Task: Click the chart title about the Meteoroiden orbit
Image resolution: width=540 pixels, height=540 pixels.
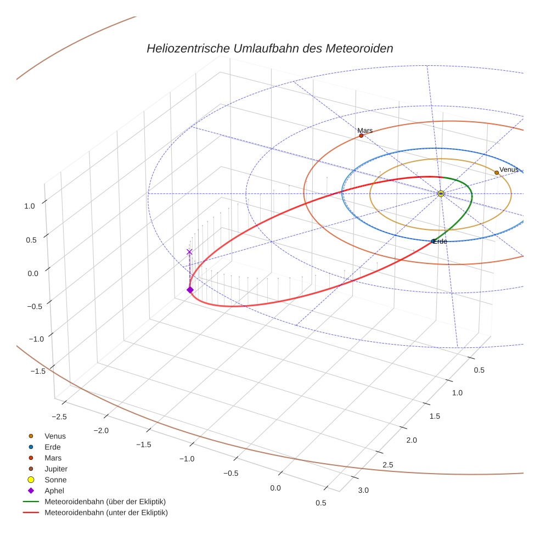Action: coord(269,48)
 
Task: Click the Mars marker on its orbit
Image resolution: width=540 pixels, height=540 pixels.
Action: coord(361,136)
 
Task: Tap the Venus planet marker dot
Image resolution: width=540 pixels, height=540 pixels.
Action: coord(497,172)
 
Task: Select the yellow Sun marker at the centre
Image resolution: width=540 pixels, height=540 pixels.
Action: coord(441,194)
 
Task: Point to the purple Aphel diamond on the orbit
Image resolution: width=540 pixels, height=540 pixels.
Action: coord(190,290)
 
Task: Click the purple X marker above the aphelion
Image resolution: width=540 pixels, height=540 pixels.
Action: coord(190,252)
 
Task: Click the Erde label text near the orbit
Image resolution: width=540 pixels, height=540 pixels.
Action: coord(440,241)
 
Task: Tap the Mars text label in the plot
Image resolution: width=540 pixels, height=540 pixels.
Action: coord(365,131)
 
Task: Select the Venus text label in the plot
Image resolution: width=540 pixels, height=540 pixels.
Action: coord(509,170)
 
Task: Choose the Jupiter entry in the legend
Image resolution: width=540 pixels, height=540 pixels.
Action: coord(55,469)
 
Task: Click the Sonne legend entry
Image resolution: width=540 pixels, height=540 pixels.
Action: coord(55,480)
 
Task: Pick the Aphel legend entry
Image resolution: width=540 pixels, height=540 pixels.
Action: coord(55,491)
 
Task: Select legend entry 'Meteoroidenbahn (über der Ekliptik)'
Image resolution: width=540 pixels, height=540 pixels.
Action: coord(105,502)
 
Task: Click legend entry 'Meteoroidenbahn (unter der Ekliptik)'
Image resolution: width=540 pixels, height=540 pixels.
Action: coord(106,513)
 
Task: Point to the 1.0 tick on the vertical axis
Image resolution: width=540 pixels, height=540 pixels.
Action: coord(30,206)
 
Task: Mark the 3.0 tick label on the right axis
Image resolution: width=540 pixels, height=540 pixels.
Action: coord(363,490)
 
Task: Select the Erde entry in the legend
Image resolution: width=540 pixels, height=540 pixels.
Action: coord(53,447)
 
